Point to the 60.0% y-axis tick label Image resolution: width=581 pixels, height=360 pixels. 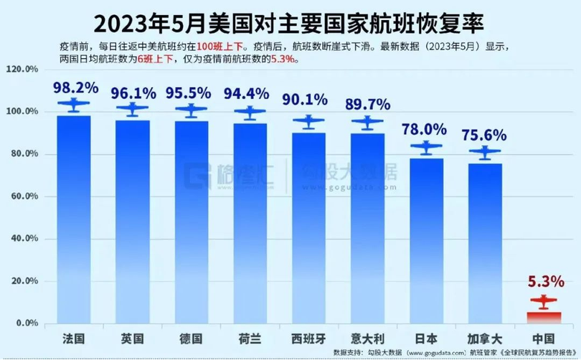tap(24, 196)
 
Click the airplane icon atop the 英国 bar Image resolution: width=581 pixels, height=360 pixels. tap(133, 110)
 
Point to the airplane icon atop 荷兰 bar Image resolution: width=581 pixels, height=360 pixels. tap(251, 113)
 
